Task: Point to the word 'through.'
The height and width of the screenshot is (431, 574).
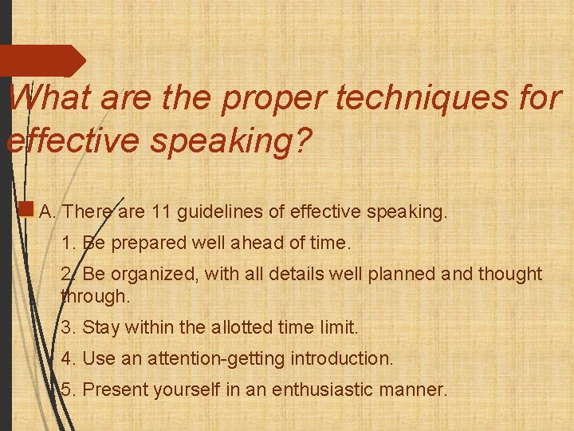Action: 95,296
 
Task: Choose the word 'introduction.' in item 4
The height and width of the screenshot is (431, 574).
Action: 344,359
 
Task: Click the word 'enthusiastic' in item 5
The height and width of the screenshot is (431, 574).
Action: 324,390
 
